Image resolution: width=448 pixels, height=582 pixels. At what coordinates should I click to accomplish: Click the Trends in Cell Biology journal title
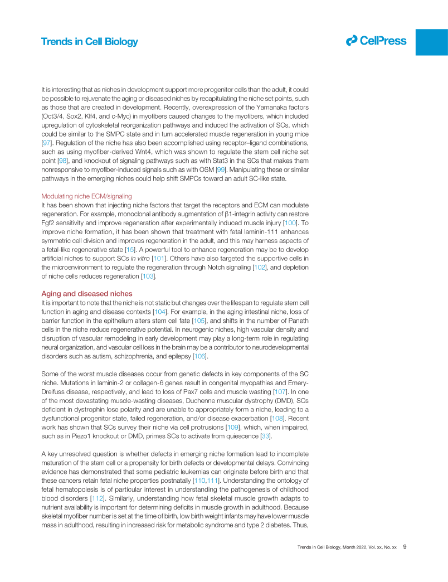click(89, 42)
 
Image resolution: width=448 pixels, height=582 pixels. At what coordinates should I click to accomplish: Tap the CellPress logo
click(376, 41)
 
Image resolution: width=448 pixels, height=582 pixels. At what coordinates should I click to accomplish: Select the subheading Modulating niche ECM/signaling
click(86, 196)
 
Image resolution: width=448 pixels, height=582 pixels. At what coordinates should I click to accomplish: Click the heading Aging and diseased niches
click(86, 293)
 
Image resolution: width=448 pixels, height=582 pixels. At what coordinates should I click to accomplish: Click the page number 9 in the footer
click(405, 547)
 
